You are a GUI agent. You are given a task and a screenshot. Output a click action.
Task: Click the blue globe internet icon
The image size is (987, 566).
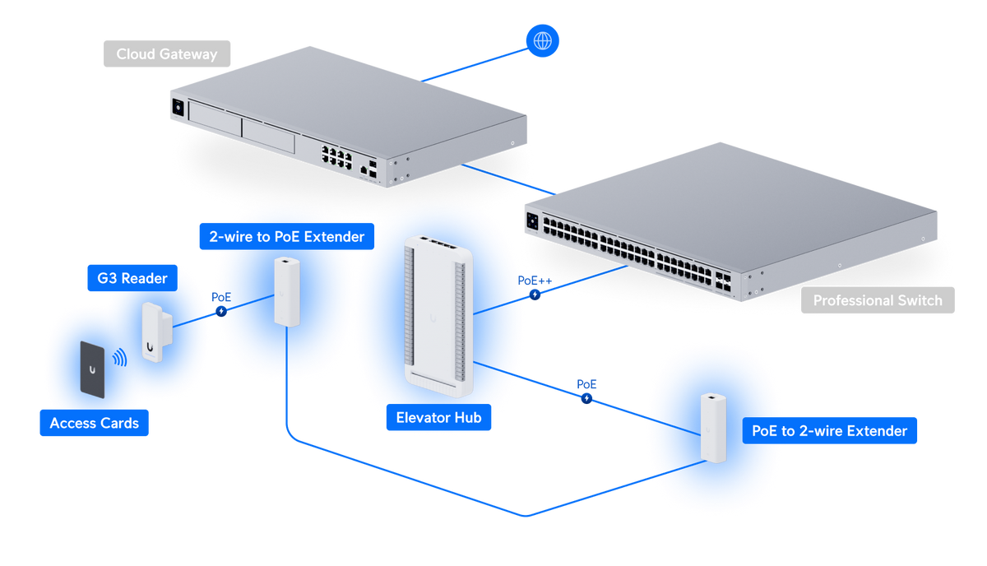pyautogui.click(x=542, y=40)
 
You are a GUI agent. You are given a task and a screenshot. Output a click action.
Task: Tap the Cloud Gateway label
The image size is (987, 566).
pyautogui.click(x=166, y=53)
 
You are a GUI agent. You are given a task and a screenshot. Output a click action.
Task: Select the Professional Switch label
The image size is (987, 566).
pyautogui.click(x=878, y=300)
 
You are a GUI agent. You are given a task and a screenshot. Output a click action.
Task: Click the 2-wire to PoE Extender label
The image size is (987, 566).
pyautogui.click(x=287, y=236)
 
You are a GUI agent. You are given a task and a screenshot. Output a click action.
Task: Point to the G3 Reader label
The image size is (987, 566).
pyautogui.click(x=132, y=278)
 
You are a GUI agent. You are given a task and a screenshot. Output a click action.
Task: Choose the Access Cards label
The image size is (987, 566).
pyautogui.click(x=95, y=423)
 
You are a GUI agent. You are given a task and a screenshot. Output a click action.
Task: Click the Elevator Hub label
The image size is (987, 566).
pyautogui.click(x=438, y=417)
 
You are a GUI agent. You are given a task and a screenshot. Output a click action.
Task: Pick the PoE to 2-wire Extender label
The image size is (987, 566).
pyautogui.click(x=829, y=431)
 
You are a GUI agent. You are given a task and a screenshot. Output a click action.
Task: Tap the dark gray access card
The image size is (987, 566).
pyautogui.click(x=92, y=369)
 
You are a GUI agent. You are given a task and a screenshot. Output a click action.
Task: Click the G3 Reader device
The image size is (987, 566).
pyautogui.click(x=157, y=332)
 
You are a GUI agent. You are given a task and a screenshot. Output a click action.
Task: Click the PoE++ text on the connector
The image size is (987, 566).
pyautogui.click(x=535, y=281)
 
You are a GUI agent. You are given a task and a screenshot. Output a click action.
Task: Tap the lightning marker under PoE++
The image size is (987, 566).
pyautogui.click(x=535, y=295)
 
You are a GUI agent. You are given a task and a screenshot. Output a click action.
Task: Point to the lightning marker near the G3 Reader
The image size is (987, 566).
pyautogui.click(x=221, y=311)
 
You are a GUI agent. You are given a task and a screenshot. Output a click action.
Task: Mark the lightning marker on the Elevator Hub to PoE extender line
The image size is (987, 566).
pyautogui.click(x=586, y=398)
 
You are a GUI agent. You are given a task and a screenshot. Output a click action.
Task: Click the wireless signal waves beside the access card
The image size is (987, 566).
pyautogui.click(x=120, y=358)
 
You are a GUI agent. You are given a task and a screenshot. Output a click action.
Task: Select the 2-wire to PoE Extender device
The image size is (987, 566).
pyautogui.click(x=287, y=292)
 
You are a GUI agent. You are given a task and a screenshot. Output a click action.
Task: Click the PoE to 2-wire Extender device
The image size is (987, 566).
pyautogui.click(x=713, y=428)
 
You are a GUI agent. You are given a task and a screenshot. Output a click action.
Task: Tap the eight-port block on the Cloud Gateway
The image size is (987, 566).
pyautogui.click(x=336, y=157)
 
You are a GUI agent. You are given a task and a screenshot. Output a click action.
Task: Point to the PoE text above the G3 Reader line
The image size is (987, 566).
pyautogui.click(x=221, y=297)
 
